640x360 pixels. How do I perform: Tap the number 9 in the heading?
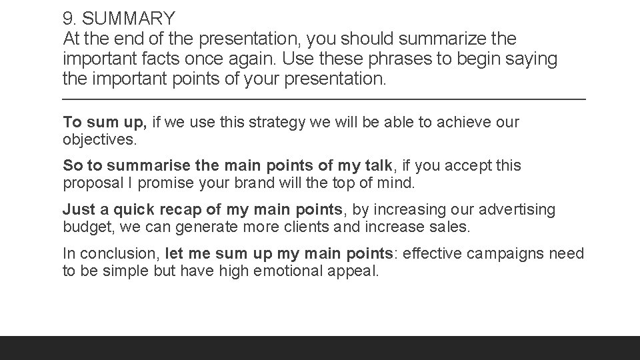pyautogui.click(x=67, y=17)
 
